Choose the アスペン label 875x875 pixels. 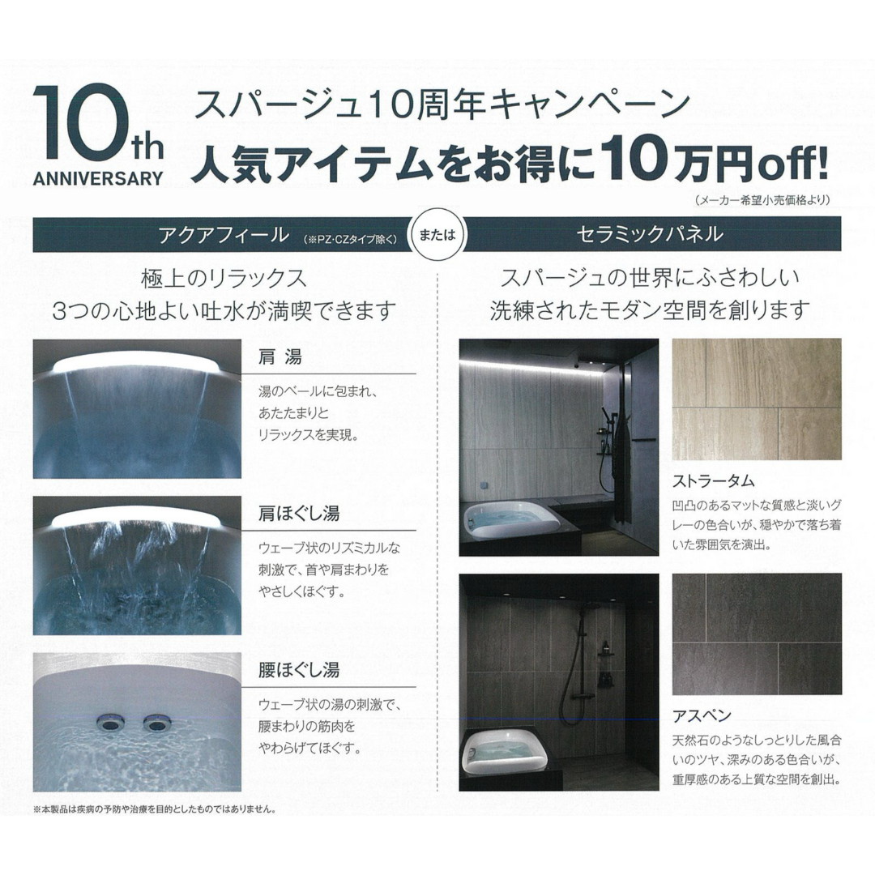(702, 715)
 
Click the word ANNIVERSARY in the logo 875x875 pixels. (98, 178)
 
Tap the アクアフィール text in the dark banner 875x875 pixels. (224, 235)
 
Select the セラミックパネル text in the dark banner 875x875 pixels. (650, 235)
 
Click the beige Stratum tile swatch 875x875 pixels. (757, 399)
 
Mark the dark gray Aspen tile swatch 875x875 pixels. (757, 634)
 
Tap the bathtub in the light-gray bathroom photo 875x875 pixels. (510, 519)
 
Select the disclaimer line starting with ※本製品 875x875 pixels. (155, 809)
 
